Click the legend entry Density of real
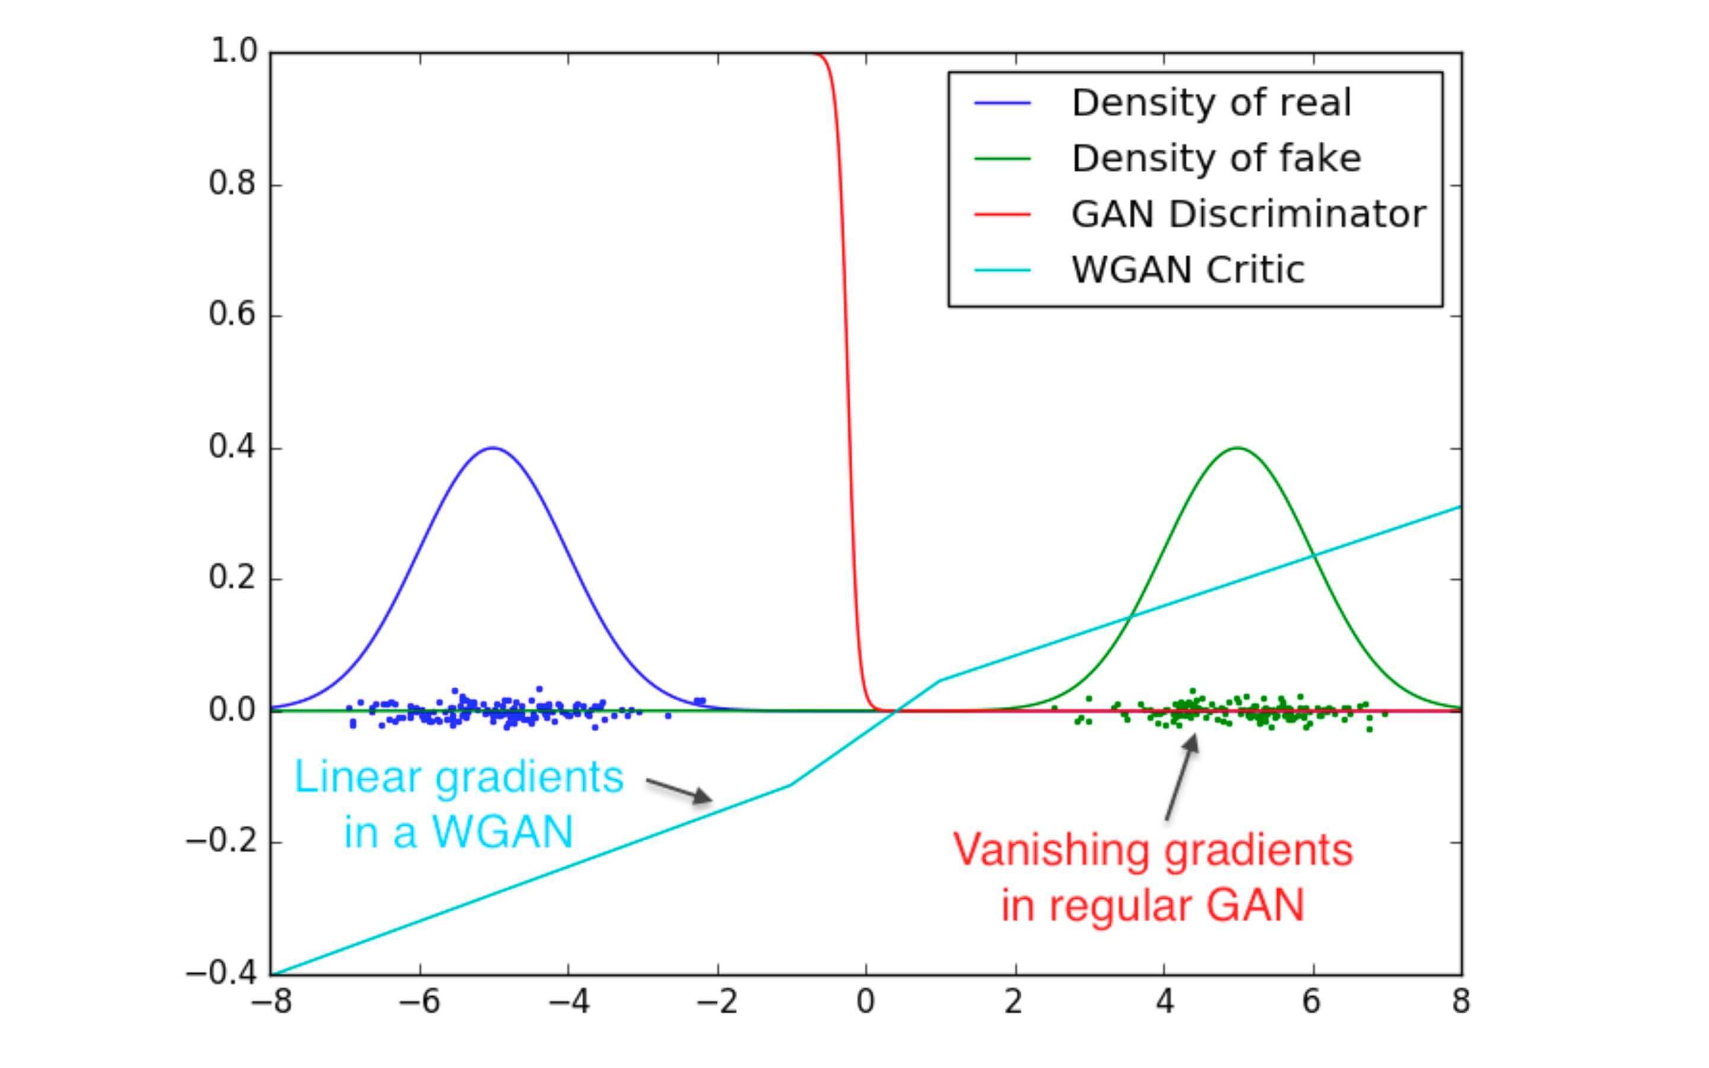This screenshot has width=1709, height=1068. tap(1211, 103)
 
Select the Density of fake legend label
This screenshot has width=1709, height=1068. tap(1215, 158)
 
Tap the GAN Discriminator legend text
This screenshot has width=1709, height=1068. tap(1248, 214)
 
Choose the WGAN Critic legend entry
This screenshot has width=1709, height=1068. tap(1187, 270)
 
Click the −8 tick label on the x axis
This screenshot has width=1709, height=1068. tap(272, 1002)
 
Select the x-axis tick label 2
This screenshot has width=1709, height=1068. tap(1015, 1002)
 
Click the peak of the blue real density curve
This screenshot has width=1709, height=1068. tap(494, 448)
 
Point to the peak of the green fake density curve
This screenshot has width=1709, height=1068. tap(1237, 448)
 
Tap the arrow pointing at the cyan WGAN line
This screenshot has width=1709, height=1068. tap(679, 790)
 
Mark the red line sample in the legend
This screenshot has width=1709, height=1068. tap(1002, 214)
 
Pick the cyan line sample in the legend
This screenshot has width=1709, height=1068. tap(1002, 270)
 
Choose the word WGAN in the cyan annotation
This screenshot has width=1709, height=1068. tap(503, 832)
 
